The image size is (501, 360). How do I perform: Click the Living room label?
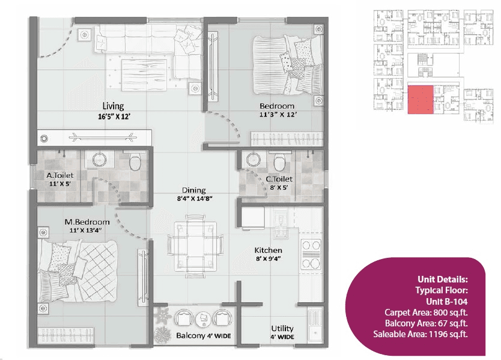113,105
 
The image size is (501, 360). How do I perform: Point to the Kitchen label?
268,250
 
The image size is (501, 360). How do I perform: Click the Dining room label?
192,190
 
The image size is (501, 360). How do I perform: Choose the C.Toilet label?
278,179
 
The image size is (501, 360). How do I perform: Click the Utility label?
282,328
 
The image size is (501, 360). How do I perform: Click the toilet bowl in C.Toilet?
279,162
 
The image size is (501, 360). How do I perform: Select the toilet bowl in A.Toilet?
135,162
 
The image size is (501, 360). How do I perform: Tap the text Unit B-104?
443,301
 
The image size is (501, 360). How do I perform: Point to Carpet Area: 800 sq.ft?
426,313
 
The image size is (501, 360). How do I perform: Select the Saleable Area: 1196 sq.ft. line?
421,334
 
